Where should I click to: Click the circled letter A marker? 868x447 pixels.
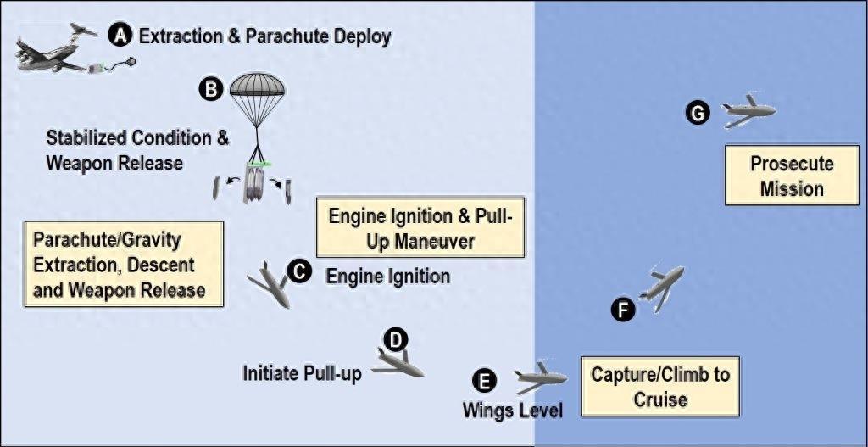(122, 35)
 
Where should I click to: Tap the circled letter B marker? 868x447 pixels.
(209, 87)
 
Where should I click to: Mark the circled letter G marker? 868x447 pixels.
(697, 114)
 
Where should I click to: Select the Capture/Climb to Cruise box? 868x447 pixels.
(659, 386)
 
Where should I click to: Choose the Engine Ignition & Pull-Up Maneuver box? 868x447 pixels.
(421, 228)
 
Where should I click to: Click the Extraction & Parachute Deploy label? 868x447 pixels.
(264, 36)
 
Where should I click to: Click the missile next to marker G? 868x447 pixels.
(748, 110)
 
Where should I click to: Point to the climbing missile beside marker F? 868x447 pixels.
(661, 285)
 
